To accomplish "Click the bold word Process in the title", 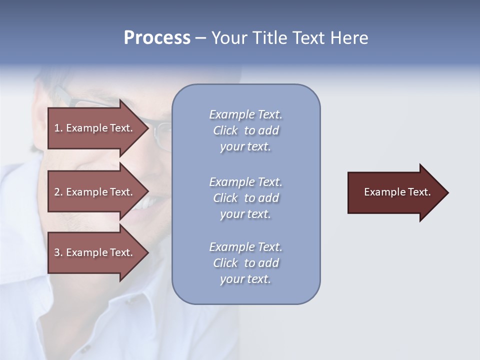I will [157, 38].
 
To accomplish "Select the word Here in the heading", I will [349, 38].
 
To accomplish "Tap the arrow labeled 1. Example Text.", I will [95, 128].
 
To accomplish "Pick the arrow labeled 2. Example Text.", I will [95, 192].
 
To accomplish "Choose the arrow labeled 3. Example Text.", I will [95, 252].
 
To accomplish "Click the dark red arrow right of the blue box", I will [395, 192].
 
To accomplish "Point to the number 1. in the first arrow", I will [58, 128].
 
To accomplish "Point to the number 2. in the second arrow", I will [58, 192].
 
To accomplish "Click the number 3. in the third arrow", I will [58, 252].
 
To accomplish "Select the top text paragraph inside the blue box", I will [245, 130].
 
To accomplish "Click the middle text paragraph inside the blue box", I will [245, 198].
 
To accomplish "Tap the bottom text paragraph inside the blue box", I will [245, 263].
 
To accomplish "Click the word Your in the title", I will [228, 38].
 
